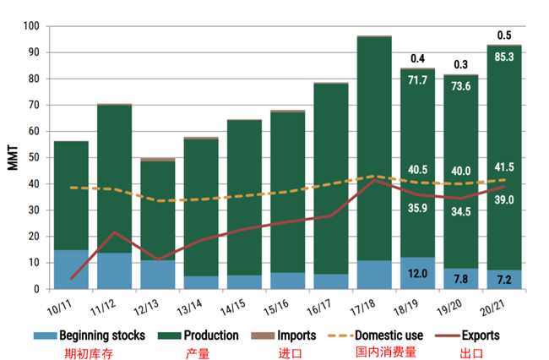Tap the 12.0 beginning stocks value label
[x=417, y=273]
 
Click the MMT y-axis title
[x=12, y=158]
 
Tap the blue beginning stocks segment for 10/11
[x=71, y=270]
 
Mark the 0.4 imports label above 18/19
[x=417, y=59]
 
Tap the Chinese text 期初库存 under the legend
[x=90, y=352]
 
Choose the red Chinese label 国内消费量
[x=385, y=352]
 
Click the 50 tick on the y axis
[x=34, y=157]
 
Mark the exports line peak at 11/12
[x=114, y=232]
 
